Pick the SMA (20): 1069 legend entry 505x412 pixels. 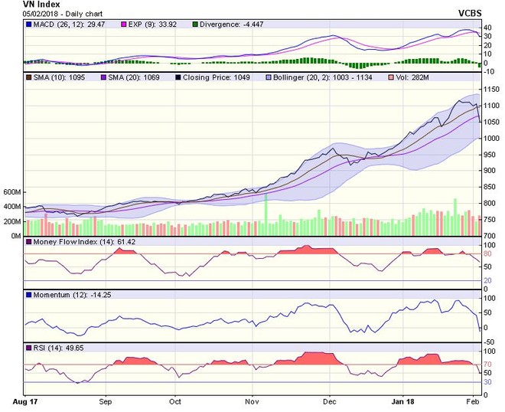[134, 78]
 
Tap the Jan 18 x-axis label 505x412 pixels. [403, 401]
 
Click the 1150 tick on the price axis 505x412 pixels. [487, 88]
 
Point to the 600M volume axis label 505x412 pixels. [11, 191]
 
